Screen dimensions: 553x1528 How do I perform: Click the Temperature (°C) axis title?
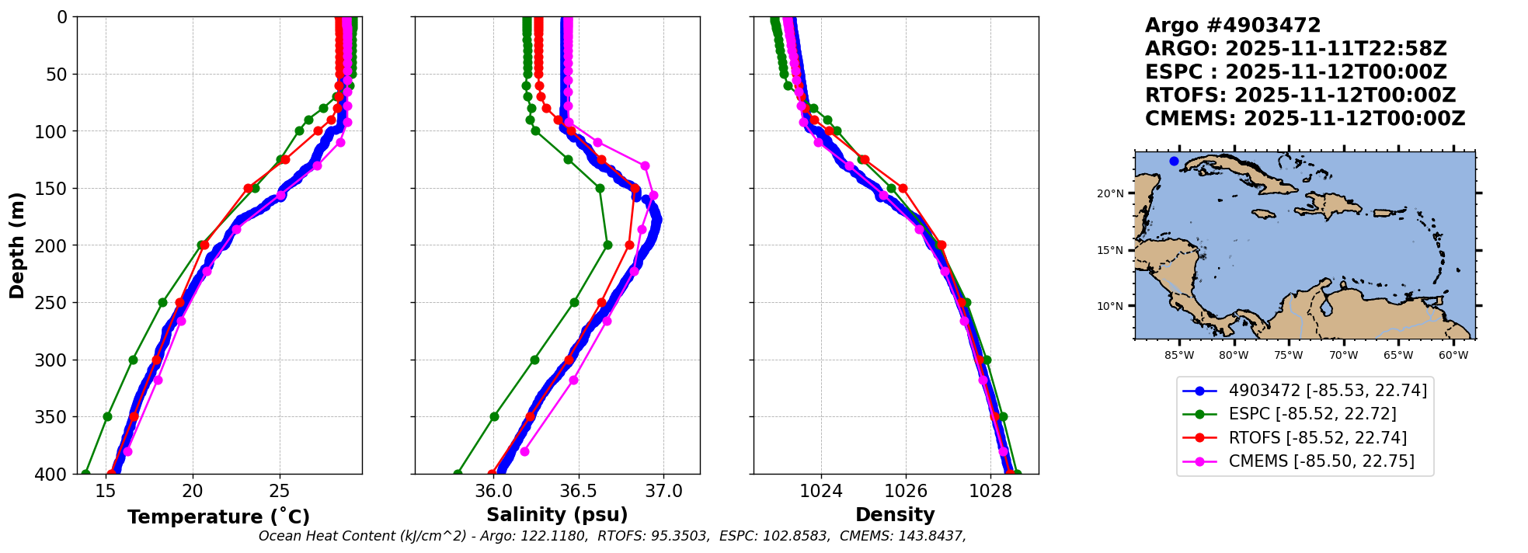(218, 516)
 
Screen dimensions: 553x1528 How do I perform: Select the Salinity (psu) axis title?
(557, 515)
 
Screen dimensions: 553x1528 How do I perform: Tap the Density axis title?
(895, 515)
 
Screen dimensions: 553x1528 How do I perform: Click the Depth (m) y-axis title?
(17, 245)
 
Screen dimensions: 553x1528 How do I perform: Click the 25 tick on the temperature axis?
(279, 491)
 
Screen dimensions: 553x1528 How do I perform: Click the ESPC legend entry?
(1312, 414)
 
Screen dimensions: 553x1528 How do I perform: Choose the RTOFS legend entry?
(1317, 438)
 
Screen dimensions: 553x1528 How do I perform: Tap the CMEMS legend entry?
(1321, 461)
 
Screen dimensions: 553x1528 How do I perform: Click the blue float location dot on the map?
(1174, 161)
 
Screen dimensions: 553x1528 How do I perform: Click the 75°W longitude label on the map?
(1288, 356)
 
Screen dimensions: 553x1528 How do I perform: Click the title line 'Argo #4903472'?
(1232, 26)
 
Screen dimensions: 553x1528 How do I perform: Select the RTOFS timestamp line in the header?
(1300, 96)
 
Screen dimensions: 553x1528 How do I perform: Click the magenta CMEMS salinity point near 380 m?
(524, 451)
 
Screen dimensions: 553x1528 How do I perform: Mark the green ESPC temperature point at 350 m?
(107, 417)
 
